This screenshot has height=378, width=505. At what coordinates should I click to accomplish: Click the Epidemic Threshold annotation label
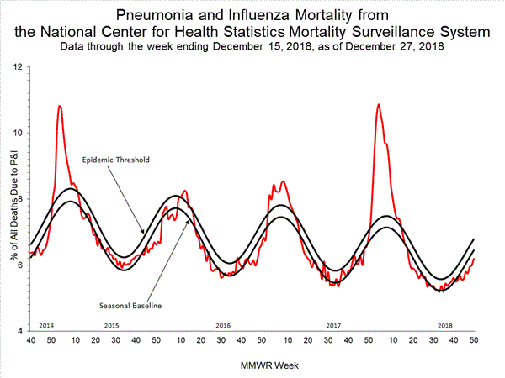click(x=116, y=159)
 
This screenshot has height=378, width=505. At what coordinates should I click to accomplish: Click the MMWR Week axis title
click(x=252, y=366)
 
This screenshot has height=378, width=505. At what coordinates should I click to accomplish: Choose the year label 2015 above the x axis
click(x=111, y=325)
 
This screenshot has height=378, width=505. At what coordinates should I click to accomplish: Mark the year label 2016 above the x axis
click(x=223, y=325)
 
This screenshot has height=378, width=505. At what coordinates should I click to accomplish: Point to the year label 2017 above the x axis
click(x=333, y=325)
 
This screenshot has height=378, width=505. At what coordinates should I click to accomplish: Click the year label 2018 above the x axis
click(x=444, y=325)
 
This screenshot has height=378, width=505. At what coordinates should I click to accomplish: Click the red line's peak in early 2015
click(x=60, y=106)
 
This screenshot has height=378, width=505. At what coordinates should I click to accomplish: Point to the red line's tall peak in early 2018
click(x=379, y=104)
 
